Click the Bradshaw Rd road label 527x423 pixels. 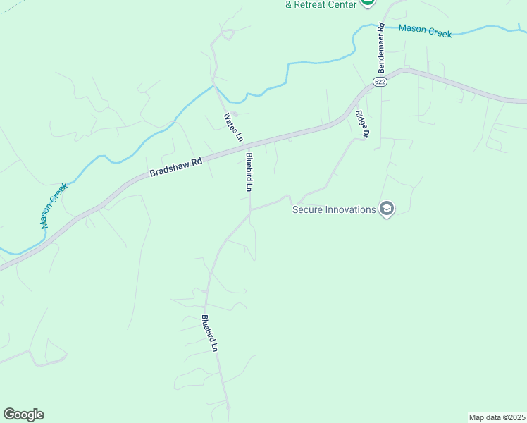176,167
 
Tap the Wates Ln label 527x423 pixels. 233,125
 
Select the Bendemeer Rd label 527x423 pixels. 381,48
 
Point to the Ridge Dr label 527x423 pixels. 362,123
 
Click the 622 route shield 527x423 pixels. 380,82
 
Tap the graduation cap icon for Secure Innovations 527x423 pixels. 386,209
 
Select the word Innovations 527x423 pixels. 352,209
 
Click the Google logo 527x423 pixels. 23,415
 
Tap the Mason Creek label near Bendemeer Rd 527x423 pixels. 425,31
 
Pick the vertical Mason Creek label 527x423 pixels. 53,206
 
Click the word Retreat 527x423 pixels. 311,4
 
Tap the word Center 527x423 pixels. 341,4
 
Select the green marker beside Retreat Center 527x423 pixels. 367,3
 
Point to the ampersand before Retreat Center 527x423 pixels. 288,4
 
